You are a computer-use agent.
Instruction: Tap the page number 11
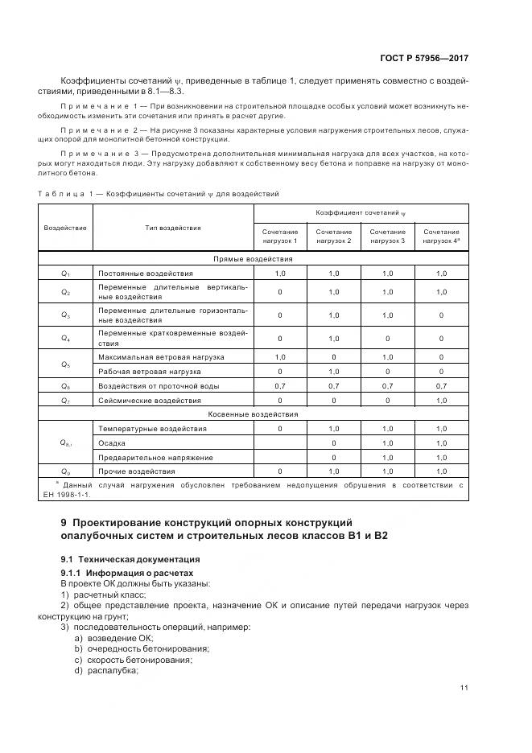(464, 687)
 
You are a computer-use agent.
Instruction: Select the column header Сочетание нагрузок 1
(279, 236)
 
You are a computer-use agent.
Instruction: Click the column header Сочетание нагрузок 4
(441, 236)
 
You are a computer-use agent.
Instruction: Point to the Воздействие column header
(65, 228)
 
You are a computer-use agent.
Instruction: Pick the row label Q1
(66, 274)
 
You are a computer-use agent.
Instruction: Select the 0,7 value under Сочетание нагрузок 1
(279, 386)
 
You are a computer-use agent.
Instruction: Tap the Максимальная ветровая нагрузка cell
(161, 356)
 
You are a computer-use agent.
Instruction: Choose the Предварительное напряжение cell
(155, 457)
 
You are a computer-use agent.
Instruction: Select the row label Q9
(66, 471)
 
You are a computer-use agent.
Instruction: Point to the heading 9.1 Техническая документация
(130, 558)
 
